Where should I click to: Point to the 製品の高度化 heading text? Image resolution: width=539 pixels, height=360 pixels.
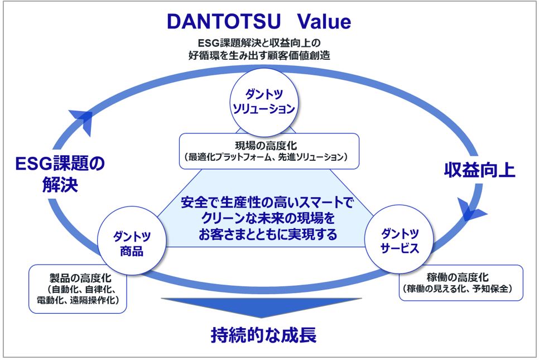(x=77, y=277)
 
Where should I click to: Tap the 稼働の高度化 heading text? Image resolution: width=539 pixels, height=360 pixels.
(x=461, y=277)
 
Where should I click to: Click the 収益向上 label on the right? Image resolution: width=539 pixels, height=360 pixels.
(x=479, y=170)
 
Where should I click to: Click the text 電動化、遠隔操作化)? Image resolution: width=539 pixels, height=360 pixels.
(x=78, y=301)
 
